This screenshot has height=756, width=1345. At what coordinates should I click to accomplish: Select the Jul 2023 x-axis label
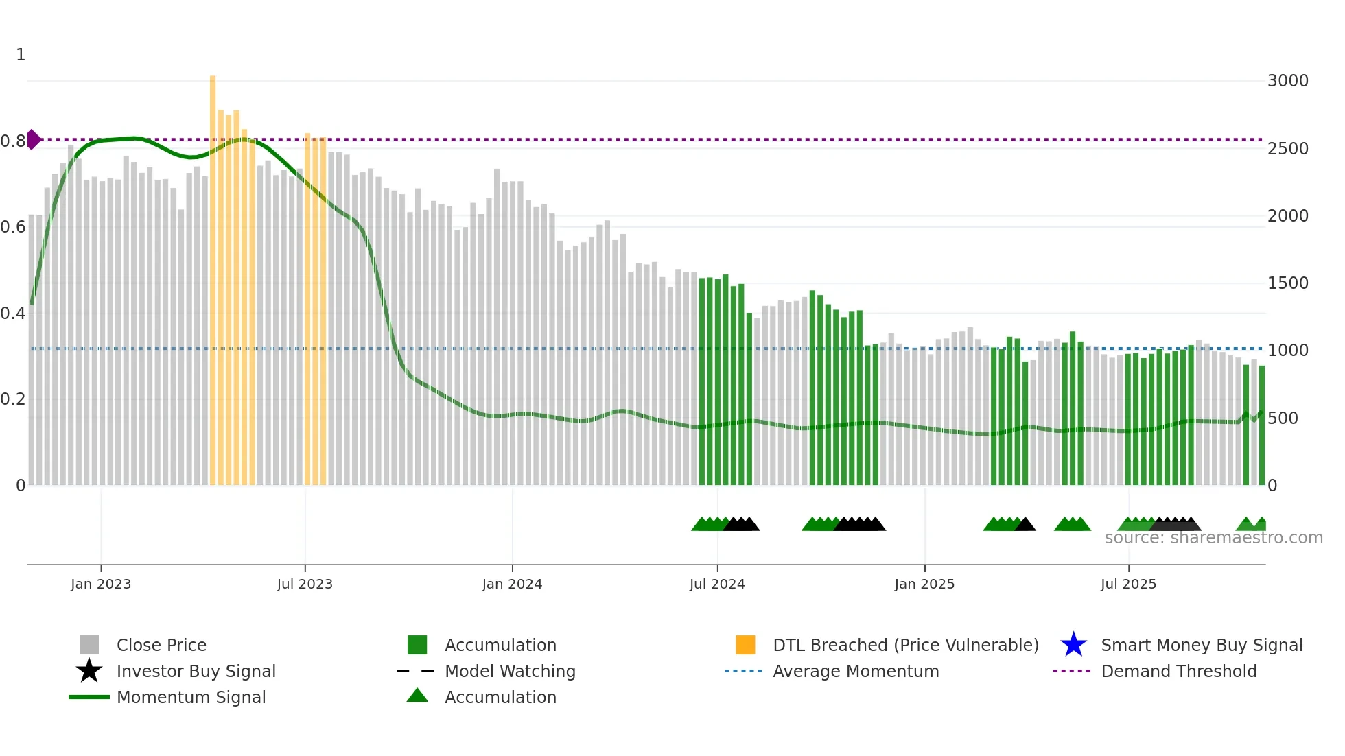pyautogui.click(x=305, y=584)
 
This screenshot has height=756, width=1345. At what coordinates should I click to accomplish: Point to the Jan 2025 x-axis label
pyautogui.click(x=924, y=584)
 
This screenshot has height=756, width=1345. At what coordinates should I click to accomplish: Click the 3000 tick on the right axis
pyautogui.click(x=1287, y=81)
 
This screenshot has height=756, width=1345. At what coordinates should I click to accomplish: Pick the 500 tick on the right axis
pyautogui.click(x=1282, y=418)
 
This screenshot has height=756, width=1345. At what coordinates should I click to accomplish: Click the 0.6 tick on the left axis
pyautogui.click(x=13, y=227)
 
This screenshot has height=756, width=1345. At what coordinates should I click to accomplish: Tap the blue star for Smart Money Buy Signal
pyautogui.click(x=1073, y=645)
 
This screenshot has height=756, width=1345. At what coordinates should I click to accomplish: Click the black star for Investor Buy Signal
pyautogui.click(x=89, y=671)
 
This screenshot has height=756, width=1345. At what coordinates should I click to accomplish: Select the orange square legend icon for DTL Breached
pyautogui.click(x=745, y=645)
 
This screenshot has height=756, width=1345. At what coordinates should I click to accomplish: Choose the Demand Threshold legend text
pyautogui.click(x=1178, y=671)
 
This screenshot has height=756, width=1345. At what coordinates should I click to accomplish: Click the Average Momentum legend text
pyautogui.click(x=855, y=671)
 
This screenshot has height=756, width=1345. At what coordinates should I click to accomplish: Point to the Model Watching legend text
pyautogui.click(x=510, y=671)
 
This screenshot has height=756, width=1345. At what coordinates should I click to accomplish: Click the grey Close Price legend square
pyautogui.click(x=89, y=645)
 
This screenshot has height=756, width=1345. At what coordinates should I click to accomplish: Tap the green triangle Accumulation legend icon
pyautogui.click(x=417, y=696)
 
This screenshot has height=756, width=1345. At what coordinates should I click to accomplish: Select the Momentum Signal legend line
pyautogui.click(x=89, y=697)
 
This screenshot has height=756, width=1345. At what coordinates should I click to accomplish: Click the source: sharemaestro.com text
pyautogui.click(x=1213, y=538)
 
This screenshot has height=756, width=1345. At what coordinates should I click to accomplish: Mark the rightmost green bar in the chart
pyautogui.click(x=1262, y=425)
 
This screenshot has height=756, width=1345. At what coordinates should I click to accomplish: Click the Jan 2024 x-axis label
pyautogui.click(x=512, y=584)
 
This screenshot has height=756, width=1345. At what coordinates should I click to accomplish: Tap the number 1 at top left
pyautogui.click(x=21, y=55)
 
